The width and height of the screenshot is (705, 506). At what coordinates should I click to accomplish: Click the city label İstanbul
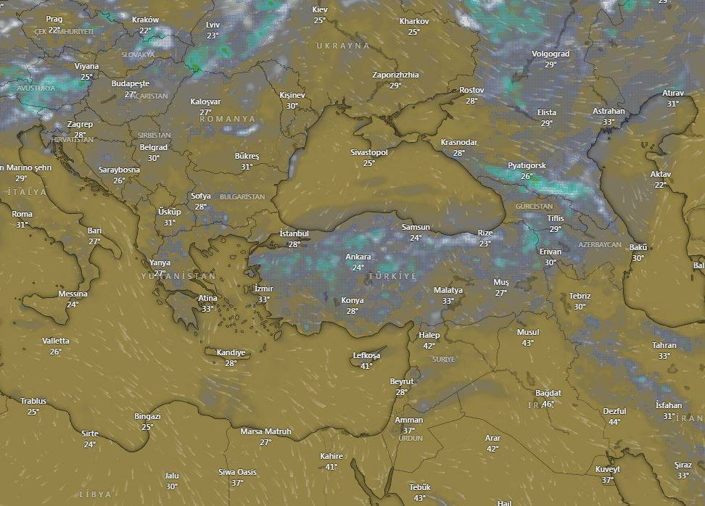tap(294, 233)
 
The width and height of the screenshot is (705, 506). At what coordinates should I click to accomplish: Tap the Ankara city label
tap(358, 257)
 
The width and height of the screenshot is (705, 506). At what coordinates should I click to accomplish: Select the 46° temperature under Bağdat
tap(548, 404)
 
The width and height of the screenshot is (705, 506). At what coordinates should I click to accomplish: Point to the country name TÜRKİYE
tap(392, 277)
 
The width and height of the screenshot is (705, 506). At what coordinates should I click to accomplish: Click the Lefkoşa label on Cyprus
tap(366, 355)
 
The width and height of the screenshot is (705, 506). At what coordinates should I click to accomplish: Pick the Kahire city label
tap(331, 456)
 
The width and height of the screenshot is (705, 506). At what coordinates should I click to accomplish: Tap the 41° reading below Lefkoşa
tap(366, 366)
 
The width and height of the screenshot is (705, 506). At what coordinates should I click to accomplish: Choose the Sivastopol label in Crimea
tap(369, 152)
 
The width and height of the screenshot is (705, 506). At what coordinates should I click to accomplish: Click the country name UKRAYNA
tap(342, 46)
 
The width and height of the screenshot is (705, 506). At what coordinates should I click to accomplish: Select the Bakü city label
tap(638, 247)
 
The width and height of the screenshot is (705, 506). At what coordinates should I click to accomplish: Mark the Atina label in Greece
tap(207, 298)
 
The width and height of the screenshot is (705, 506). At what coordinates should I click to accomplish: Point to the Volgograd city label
tap(551, 54)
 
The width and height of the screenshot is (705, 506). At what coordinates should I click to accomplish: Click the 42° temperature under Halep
tap(429, 346)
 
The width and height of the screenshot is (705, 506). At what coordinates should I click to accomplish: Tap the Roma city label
tap(22, 214)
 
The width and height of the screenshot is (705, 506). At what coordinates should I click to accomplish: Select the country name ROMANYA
tap(229, 118)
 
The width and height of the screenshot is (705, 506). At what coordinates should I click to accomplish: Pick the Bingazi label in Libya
tap(147, 416)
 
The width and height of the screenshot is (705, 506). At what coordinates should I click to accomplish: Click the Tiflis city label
tap(556, 218)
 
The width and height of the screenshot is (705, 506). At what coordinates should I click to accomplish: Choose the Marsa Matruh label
tap(265, 431)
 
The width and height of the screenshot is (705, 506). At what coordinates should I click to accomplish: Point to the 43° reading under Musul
tap(527, 343)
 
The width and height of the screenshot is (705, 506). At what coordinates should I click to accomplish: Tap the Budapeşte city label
tap(131, 83)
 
